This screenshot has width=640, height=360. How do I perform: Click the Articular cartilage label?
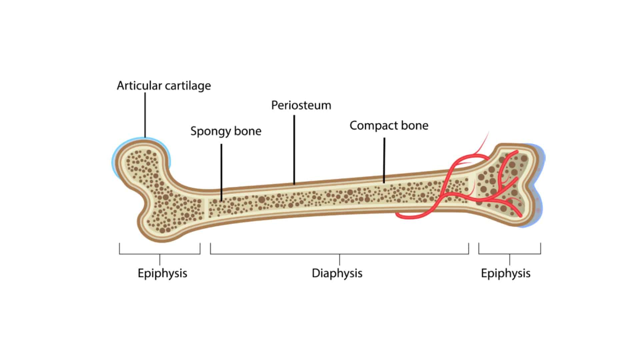click(x=164, y=86)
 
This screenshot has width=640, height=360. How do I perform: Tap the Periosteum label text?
click(x=301, y=105)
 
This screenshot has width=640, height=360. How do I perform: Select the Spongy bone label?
click(x=226, y=131)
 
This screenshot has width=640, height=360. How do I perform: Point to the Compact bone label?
click(x=389, y=126)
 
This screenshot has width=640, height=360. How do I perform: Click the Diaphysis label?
click(x=337, y=273)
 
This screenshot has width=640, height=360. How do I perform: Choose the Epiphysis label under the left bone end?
click(x=162, y=273)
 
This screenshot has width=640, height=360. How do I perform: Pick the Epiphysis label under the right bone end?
click(x=505, y=273)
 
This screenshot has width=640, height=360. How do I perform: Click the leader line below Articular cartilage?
click(x=145, y=115)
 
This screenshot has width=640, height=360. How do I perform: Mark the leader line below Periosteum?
click(x=294, y=150)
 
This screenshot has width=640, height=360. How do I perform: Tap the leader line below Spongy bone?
click(x=221, y=172)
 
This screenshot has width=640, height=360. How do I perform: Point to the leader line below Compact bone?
click(x=384, y=160)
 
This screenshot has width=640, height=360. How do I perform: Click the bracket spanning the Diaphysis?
click(x=339, y=254)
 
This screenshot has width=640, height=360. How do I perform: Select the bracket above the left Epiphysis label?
click(x=160, y=254)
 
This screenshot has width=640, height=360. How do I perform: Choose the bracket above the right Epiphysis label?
click(x=509, y=254)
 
